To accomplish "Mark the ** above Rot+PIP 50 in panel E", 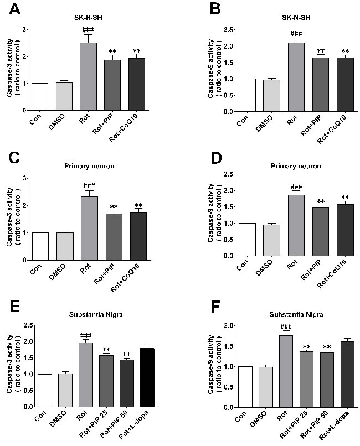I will point(127,355).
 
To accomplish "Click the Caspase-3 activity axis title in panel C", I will point(11,217).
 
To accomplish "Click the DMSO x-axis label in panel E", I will point(60,419).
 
